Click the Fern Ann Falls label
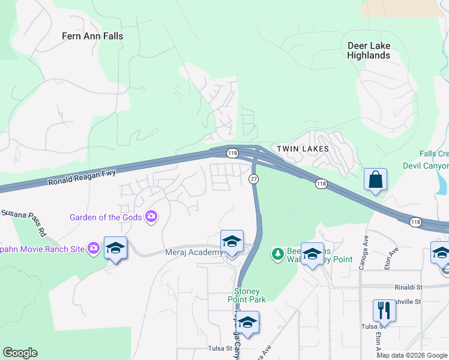click(92, 36)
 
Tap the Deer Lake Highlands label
click(369, 50)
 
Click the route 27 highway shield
click(254, 179)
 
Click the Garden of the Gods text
click(106, 217)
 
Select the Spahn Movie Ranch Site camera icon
click(93, 248)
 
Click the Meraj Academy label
click(193, 253)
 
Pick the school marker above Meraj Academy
click(232, 241)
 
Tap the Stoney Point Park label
click(247, 295)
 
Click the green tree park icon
click(277, 254)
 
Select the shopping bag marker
click(375, 179)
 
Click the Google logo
click(20, 353)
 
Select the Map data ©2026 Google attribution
click(412, 355)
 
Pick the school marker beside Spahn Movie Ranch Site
click(115, 249)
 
